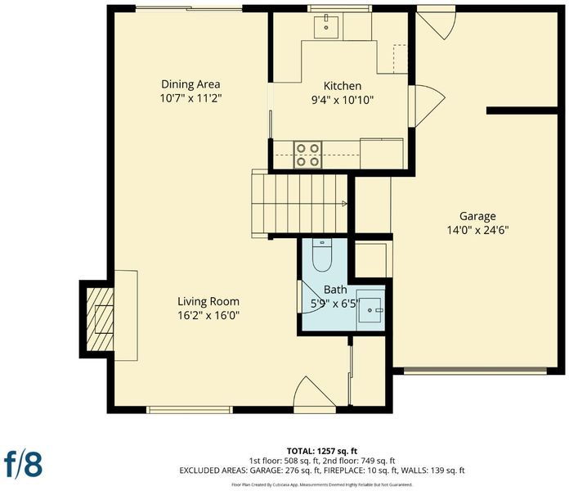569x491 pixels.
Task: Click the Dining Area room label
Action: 190,84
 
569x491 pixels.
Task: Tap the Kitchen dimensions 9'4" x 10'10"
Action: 343,100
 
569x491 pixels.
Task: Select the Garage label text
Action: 477,216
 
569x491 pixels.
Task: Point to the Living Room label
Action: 208,301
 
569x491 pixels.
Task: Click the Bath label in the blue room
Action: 335,290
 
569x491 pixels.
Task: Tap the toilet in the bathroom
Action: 322,255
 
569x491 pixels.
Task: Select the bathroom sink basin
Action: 370,310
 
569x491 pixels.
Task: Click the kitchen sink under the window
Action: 326,26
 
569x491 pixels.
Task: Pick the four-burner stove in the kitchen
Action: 307,155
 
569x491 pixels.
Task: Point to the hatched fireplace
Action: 101,319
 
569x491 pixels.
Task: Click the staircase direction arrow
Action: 344,204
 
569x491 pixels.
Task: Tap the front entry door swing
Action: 314,395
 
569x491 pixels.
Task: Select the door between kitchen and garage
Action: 427,106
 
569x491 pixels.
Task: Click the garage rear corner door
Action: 436,23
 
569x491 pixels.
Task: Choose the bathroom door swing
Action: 308,298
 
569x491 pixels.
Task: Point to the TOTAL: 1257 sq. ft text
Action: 322,451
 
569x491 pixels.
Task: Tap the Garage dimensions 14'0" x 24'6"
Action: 477,230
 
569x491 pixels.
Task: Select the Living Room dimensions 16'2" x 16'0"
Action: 208,315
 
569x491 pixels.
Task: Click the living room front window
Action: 190,410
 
